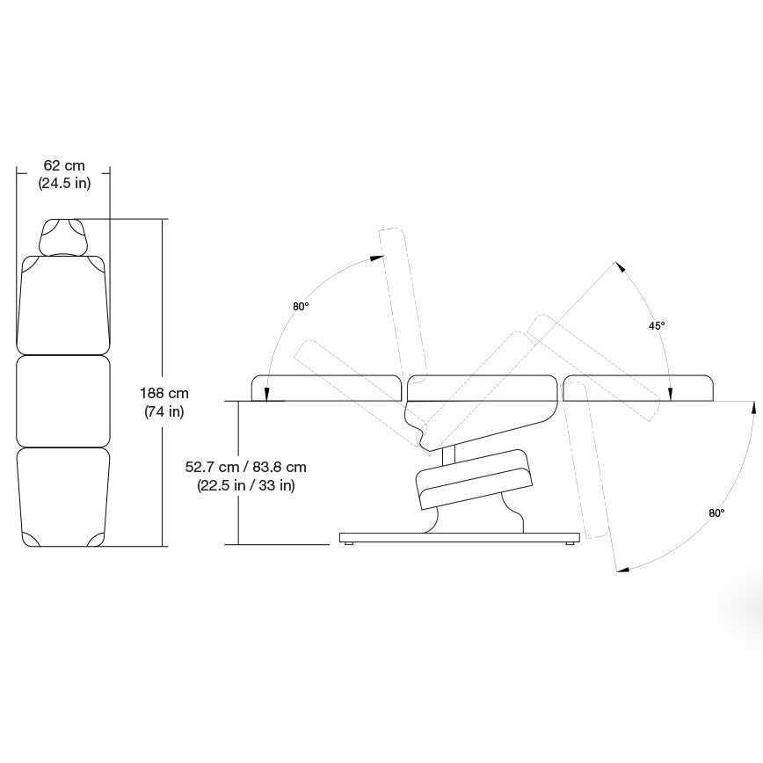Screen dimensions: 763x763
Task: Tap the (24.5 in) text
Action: (63, 184)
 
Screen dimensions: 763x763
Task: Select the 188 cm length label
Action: (165, 394)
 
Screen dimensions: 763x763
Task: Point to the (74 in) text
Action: (165, 411)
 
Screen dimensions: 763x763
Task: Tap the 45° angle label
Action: (657, 325)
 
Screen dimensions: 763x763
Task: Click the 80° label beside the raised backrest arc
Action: (301, 307)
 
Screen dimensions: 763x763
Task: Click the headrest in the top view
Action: (63, 236)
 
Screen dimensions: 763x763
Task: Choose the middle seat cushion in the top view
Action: (63, 400)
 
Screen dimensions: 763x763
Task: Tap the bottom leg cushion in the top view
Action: (63, 497)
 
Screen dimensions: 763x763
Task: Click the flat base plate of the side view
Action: (460, 537)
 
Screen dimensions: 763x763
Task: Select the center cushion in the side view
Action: (481, 386)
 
